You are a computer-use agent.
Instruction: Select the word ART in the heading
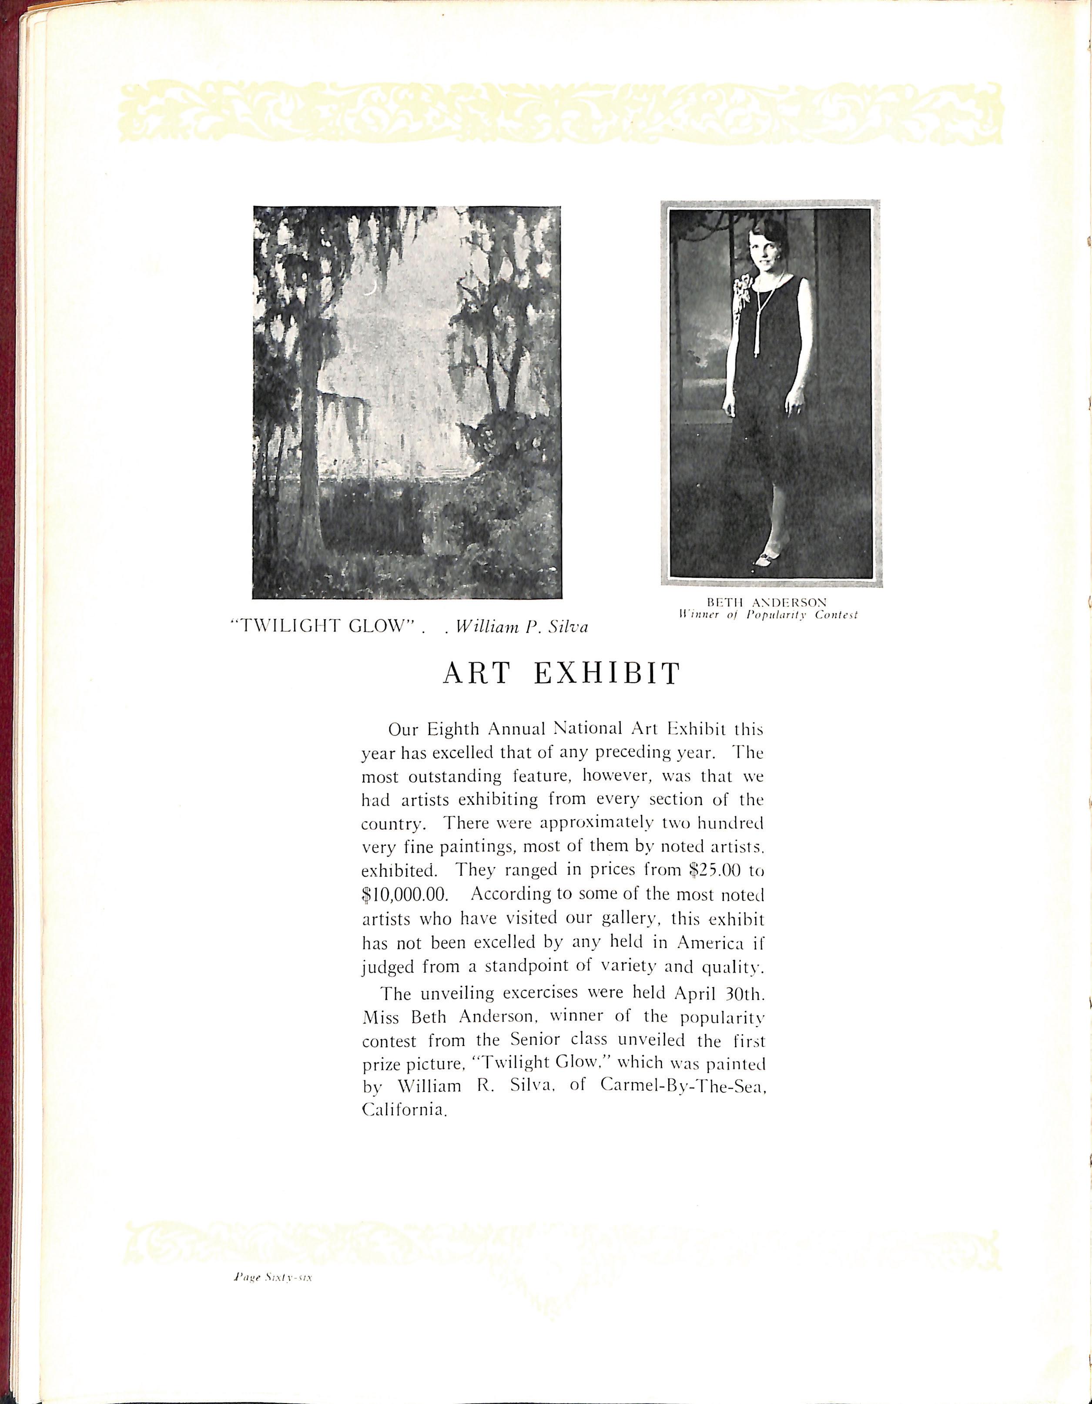coord(477,674)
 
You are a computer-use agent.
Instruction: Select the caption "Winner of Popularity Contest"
coord(768,615)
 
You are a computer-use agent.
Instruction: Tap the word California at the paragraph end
coord(404,1110)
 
